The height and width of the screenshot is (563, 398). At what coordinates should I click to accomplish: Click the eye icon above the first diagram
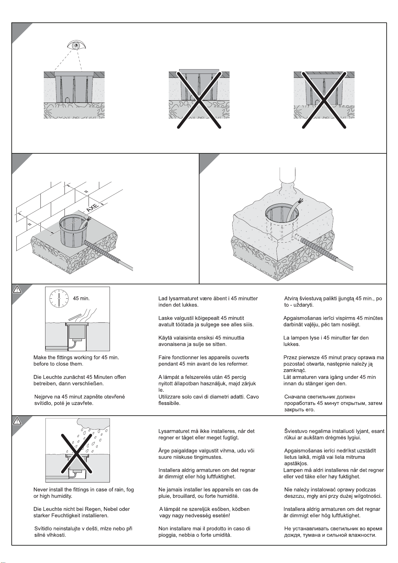pyautogui.click(x=76, y=45)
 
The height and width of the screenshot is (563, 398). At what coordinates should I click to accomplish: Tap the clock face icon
pyautogui.click(x=59, y=298)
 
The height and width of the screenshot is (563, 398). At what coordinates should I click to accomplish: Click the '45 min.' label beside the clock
pyautogui.click(x=81, y=298)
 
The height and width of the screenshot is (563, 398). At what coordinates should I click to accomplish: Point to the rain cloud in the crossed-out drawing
pyautogui.click(x=93, y=423)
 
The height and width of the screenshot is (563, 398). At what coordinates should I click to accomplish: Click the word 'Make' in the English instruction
pyautogui.click(x=40, y=358)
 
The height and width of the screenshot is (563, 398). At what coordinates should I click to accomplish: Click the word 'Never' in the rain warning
pyautogui.click(x=41, y=489)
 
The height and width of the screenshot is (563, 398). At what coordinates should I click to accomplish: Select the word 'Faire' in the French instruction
pyautogui.click(x=164, y=358)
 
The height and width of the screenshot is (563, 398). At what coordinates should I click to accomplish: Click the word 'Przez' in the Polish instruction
pyautogui.click(x=290, y=358)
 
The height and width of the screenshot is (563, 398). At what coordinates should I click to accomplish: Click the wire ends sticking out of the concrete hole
pyautogui.click(x=300, y=201)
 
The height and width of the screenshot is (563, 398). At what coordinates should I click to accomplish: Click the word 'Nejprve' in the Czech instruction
pyautogui.click(x=44, y=397)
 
